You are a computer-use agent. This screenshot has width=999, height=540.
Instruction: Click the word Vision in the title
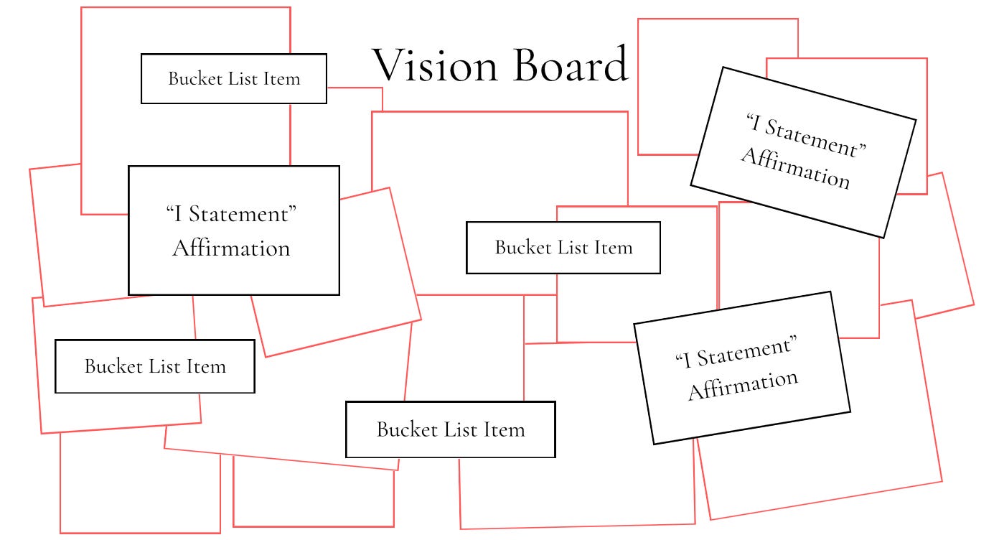tap(435, 65)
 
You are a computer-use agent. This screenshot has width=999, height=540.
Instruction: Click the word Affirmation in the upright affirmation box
tap(231, 248)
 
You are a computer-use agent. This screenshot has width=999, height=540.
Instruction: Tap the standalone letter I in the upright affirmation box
tap(178, 214)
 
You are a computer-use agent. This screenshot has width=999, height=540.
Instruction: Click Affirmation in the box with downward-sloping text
tap(796, 168)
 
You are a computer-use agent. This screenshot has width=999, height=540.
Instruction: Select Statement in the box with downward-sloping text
tap(810, 137)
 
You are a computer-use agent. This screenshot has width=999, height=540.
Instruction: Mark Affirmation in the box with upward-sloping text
tap(743, 385)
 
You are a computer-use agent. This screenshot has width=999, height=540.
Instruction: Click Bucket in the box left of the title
tap(195, 78)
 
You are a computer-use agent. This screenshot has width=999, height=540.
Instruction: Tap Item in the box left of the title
tap(281, 78)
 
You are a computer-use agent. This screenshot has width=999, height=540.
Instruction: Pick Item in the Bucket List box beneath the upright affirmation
tap(206, 366)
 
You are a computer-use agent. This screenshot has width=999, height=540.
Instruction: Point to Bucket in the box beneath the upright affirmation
tap(113, 366)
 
